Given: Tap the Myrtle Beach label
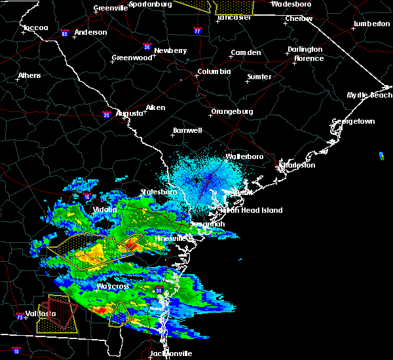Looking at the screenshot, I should pyautogui.click(x=370, y=96).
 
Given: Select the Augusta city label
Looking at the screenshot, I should pyautogui.click(x=130, y=113).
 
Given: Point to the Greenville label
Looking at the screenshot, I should pyautogui.click(x=110, y=9).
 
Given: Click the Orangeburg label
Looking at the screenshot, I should pyautogui.click(x=232, y=111).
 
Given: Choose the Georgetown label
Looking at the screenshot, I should pyautogui.click(x=353, y=122).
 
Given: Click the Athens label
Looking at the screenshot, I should pyautogui.click(x=29, y=75).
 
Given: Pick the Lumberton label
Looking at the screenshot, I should pyautogui.click(x=371, y=24).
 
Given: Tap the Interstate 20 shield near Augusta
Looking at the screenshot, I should pyautogui.click(x=106, y=115).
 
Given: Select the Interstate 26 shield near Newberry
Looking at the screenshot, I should pyautogui.click(x=147, y=46).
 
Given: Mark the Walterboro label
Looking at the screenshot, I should pyautogui.click(x=244, y=157).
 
